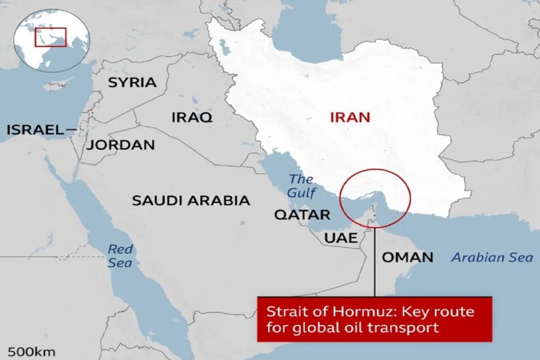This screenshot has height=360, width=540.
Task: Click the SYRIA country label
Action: click(x=132, y=82)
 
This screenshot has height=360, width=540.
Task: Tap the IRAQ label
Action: click(x=192, y=117)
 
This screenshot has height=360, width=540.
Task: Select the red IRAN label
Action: click(x=350, y=117)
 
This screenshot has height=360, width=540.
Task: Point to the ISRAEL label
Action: click(x=36, y=130)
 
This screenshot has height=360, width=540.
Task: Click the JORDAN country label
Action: click(x=121, y=145)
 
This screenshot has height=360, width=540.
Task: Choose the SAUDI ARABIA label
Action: click(x=191, y=201)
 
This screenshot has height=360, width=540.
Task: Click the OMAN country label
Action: click(x=407, y=257)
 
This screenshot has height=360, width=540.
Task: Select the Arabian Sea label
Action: click(x=492, y=258)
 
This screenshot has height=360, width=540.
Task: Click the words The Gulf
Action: click(x=301, y=186)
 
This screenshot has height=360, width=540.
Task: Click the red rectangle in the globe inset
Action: click(x=51, y=37)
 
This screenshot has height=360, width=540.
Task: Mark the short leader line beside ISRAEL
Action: click(x=71, y=130)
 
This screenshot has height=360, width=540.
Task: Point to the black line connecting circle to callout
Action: click(x=374, y=265)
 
